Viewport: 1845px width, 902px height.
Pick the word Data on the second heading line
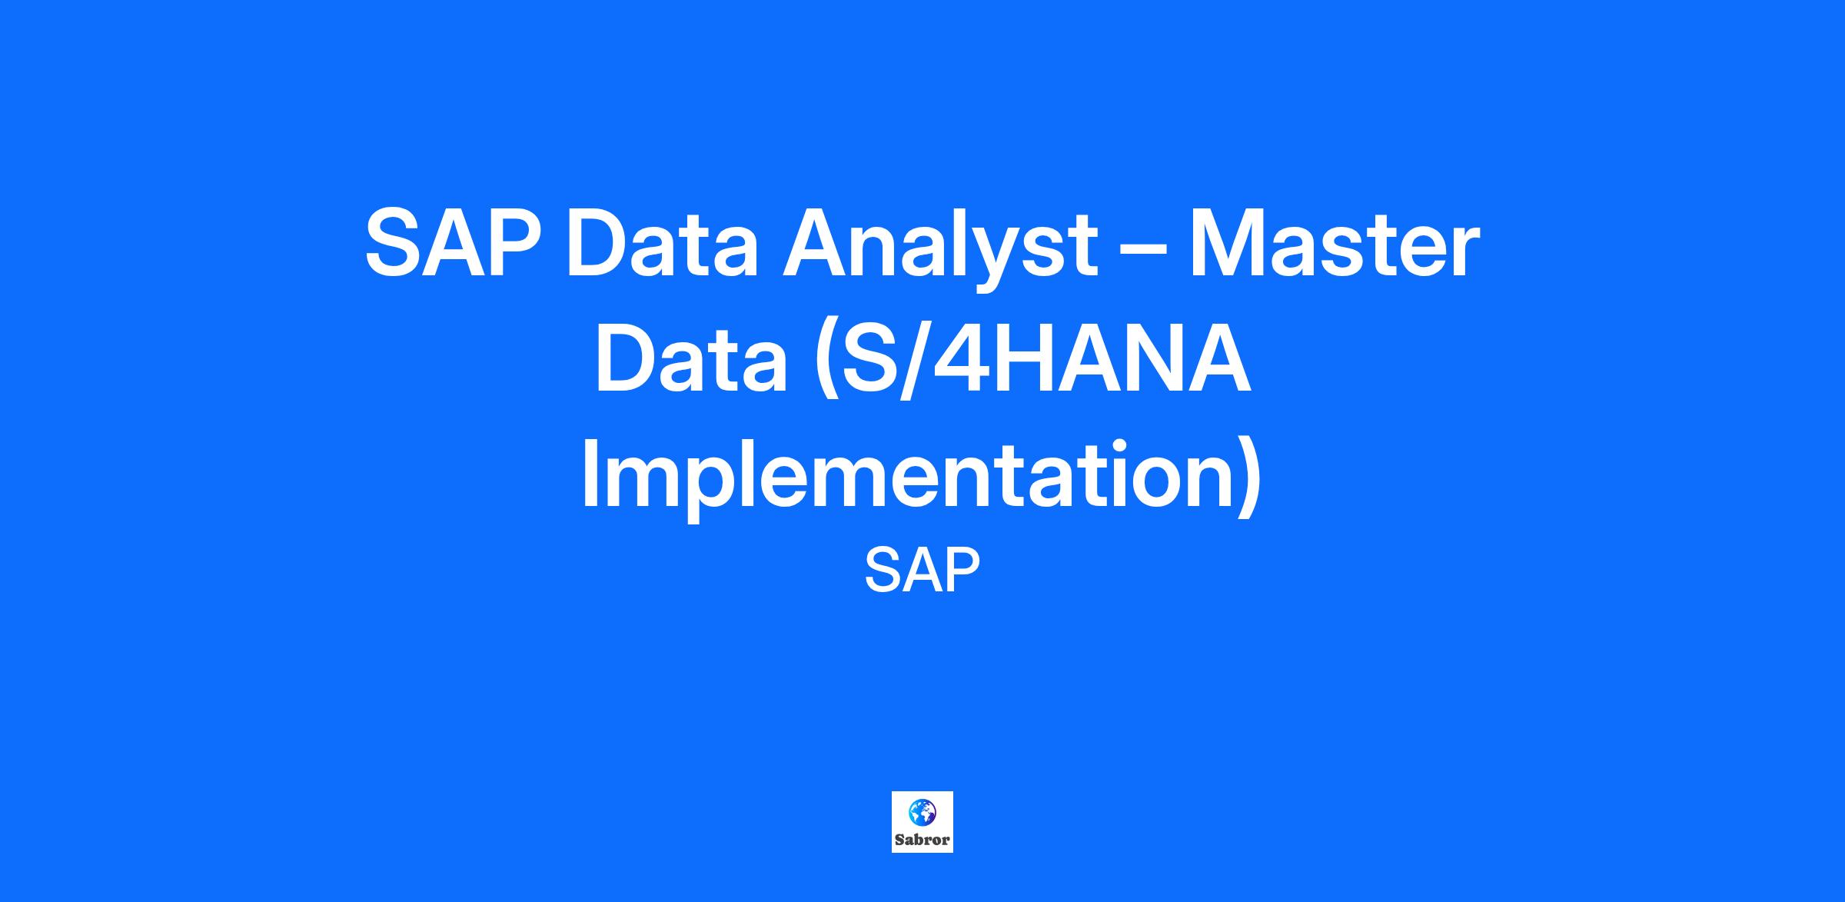690,361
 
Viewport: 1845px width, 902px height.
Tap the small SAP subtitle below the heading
922,570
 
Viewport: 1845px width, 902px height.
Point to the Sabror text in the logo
922,840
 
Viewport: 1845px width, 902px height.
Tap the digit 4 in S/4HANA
958,361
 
